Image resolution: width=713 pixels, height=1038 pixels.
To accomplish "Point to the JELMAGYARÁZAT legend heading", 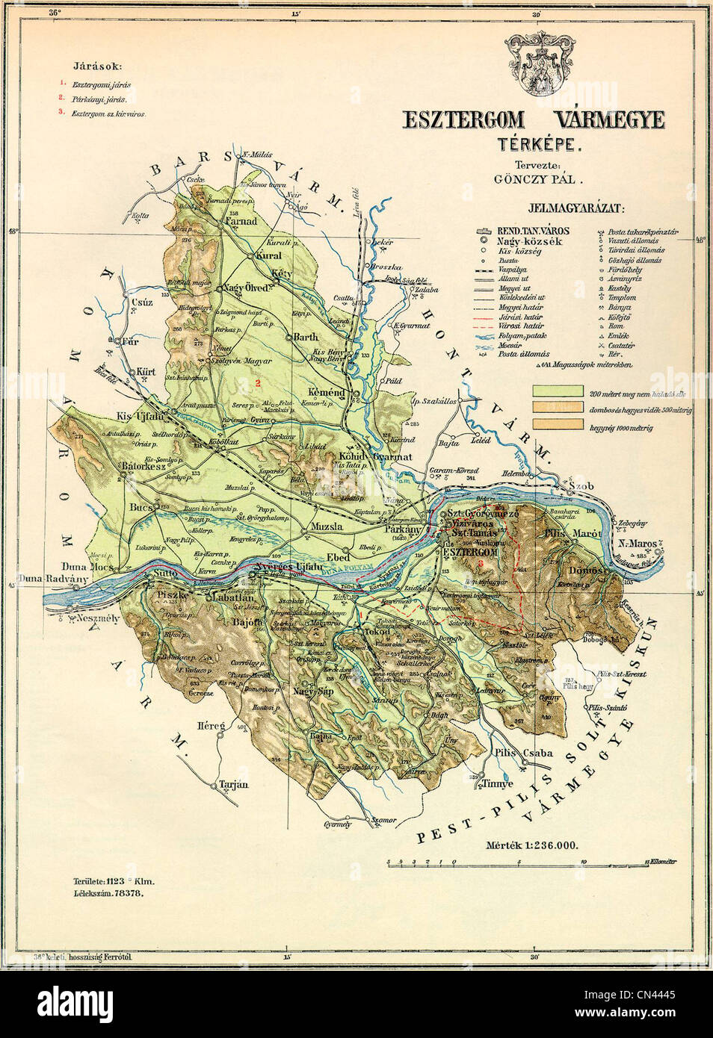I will click(576, 209).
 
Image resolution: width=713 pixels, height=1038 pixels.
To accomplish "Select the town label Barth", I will click(306, 338).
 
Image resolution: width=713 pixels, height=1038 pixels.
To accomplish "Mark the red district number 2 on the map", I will click(257, 383).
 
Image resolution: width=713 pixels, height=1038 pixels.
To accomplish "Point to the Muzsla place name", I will click(327, 527).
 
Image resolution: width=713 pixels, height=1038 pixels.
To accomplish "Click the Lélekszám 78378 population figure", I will click(104, 893).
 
